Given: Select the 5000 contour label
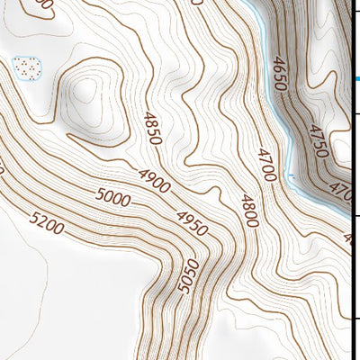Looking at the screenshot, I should [112, 197].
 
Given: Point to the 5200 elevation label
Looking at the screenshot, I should [46, 222].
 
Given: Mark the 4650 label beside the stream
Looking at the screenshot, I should [280, 74].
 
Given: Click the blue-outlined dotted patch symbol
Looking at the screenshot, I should [27, 67].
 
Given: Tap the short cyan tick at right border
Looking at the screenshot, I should [356, 79].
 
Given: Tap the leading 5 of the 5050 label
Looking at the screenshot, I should [190, 290].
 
